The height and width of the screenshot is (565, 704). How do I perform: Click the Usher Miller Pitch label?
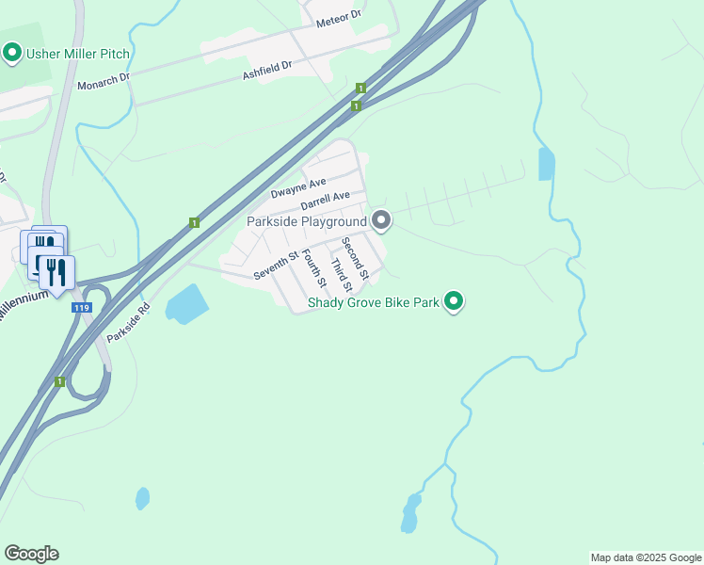coord(78,53)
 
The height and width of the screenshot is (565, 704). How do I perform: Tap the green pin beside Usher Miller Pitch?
coord(12,53)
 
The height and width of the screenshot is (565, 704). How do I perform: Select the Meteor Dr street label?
coord(340,19)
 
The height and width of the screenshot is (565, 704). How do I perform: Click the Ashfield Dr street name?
coord(268,68)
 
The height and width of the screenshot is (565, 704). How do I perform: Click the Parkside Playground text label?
coord(306,221)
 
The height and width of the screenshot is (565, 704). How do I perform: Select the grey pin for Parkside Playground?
coord(381,220)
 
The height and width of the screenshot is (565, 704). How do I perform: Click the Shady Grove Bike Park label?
coord(374,303)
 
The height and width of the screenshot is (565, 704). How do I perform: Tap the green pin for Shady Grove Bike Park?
coord(454,302)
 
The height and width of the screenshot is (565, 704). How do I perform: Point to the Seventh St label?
coord(276,266)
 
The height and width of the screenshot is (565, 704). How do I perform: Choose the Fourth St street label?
coord(313,267)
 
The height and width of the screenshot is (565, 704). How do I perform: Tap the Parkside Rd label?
coord(128,322)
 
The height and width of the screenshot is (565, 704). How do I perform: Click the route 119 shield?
coord(82,307)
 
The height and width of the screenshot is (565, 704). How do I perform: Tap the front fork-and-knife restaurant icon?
coord(56,273)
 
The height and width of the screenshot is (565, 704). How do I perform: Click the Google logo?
coord(31,554)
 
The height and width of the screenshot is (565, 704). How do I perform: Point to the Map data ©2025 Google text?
coord(646,557)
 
